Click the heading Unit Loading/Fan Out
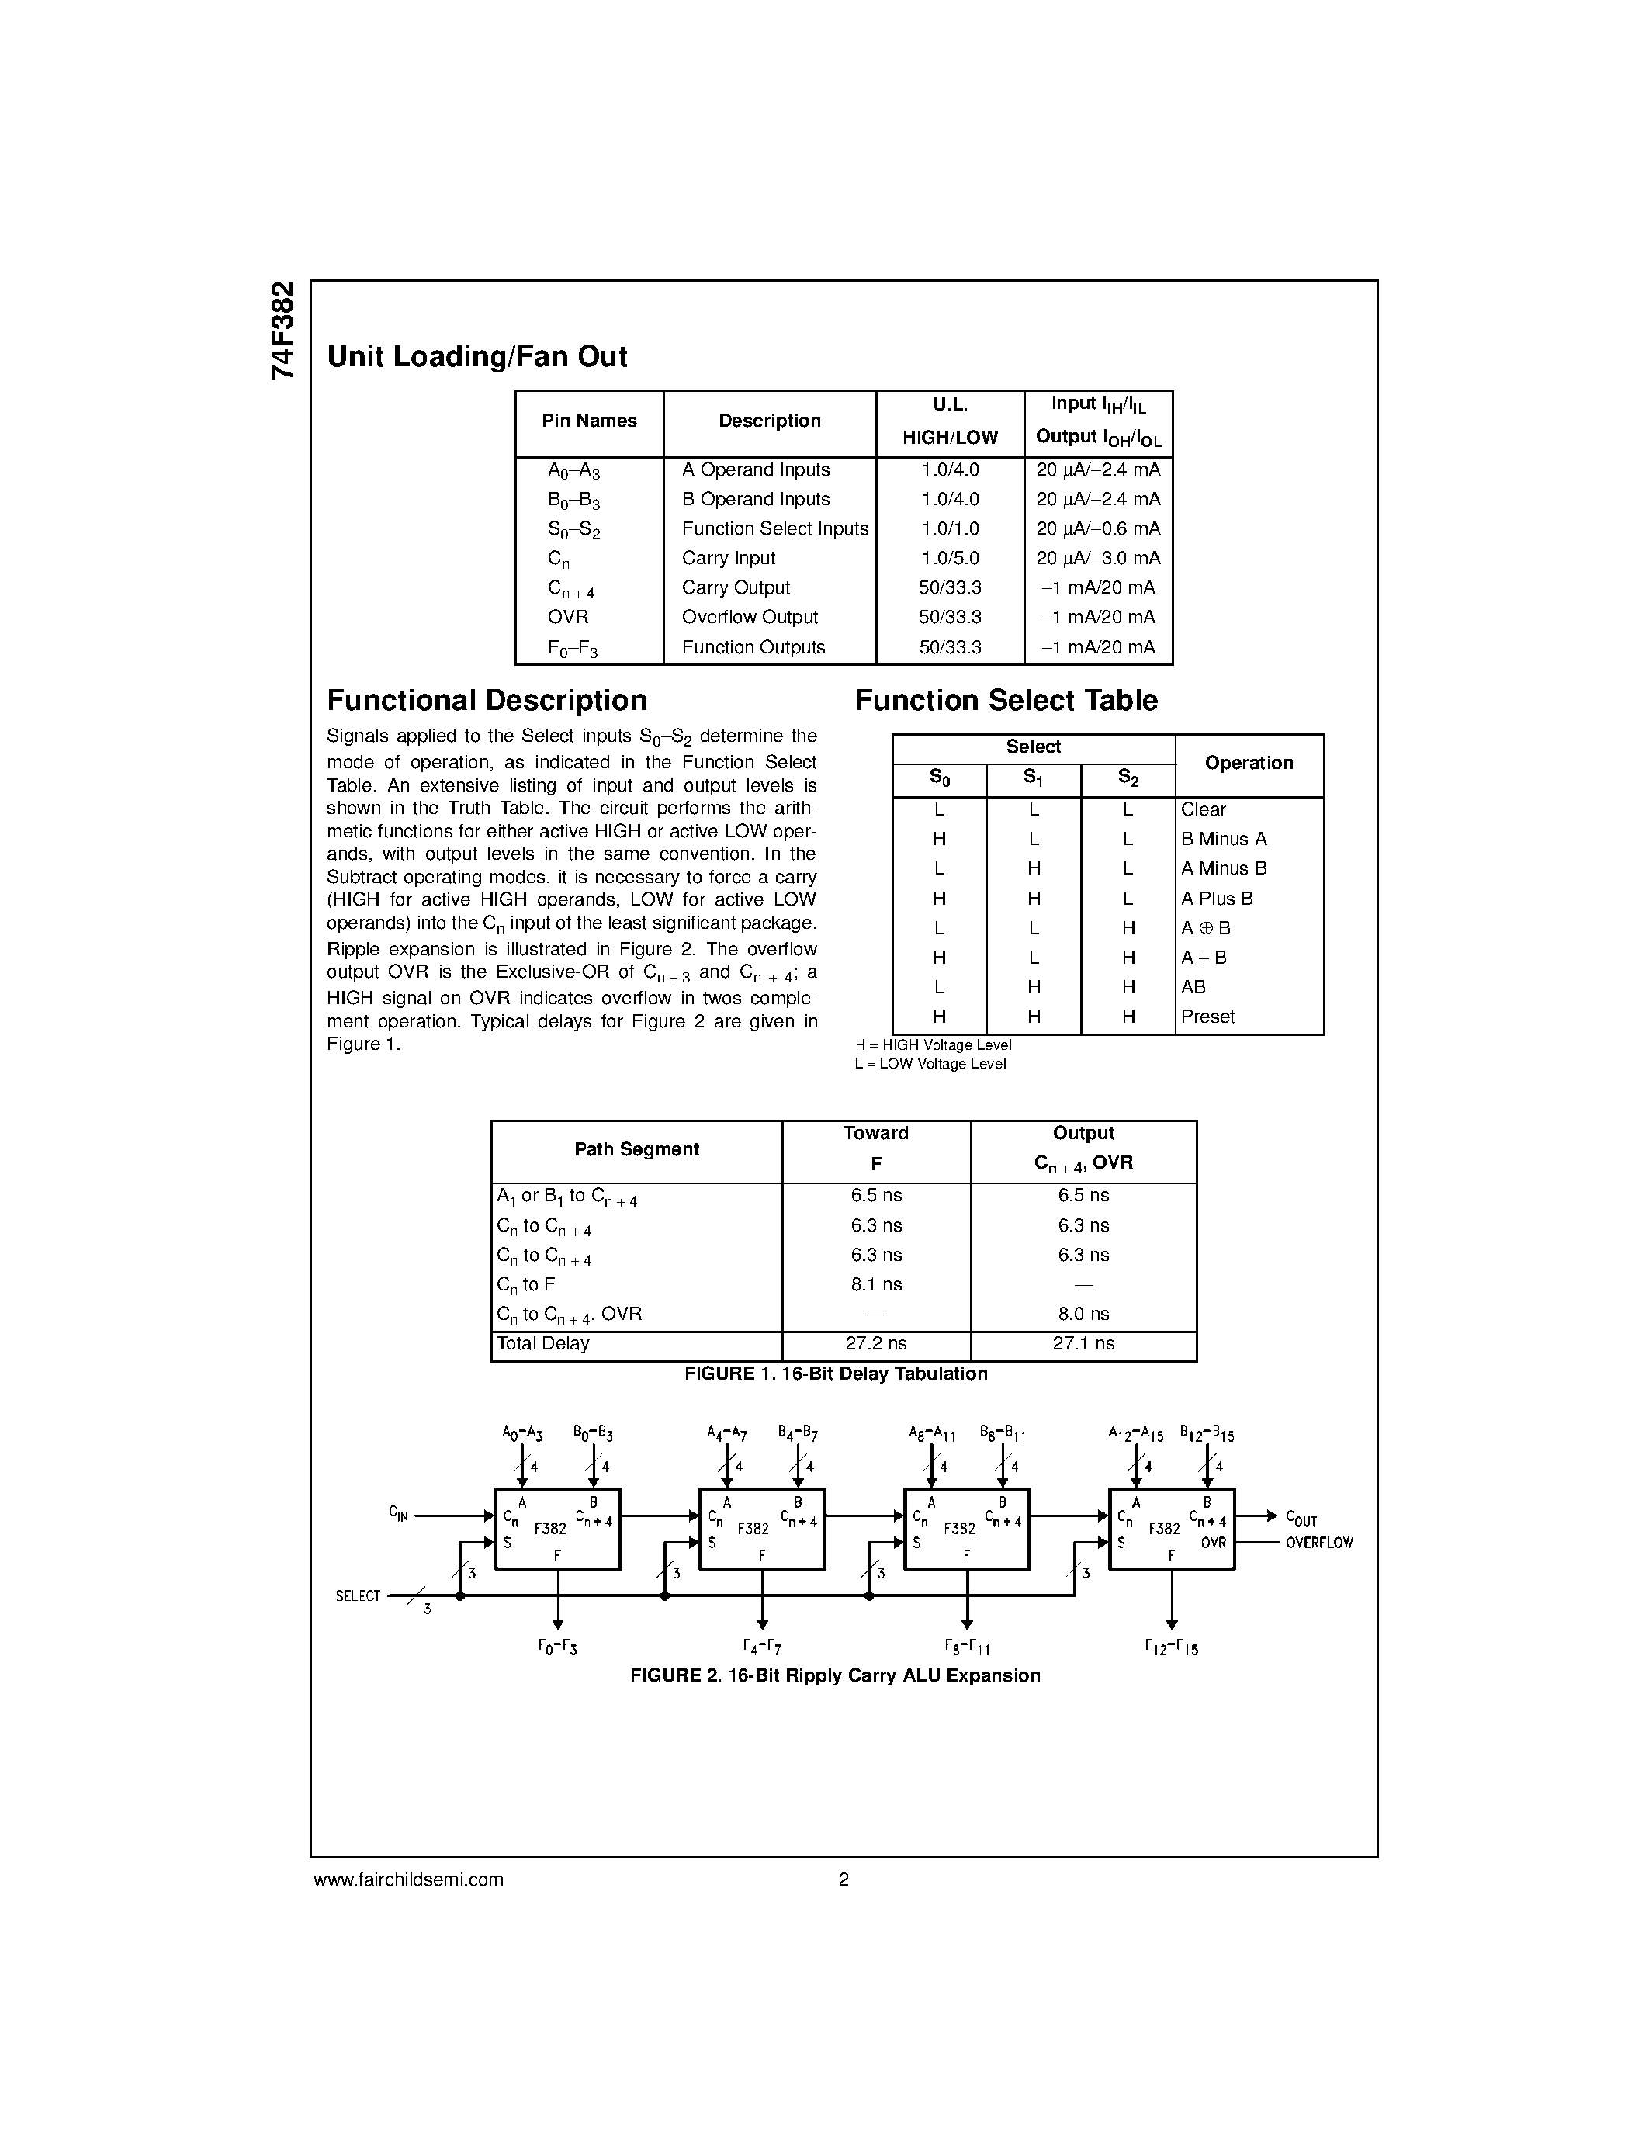pos(476,358)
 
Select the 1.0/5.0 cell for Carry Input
pos(950,558)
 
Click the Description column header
pos(769,421)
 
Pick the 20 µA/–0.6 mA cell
pos(1098,528)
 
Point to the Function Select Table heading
pos(1006,701)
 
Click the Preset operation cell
pos(1207,1017)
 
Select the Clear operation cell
pos(1203,810)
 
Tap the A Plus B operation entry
pos(1216,899)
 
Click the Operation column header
pos(1249,763)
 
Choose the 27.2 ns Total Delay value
pos(875,1343)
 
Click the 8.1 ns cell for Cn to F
pos(875,1285)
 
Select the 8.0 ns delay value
pos(1083,1315)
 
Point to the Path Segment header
pos(636,1150)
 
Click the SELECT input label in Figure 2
pos(358,1595)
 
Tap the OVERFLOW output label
pos(1318,1543)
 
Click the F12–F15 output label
pos(1171,1647)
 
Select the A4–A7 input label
pos(727,1434)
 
